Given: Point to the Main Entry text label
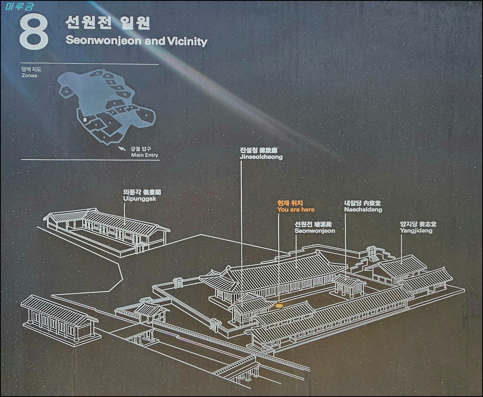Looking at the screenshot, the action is point(144,155).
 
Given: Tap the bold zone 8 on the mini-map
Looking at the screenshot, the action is point(85,120).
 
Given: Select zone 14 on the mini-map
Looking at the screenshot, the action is point(97,74).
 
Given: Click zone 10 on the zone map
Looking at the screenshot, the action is point(125,94).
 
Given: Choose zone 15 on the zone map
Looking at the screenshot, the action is point(66,92).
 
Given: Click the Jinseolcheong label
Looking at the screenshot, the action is point(261,157).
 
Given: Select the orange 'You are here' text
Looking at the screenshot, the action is point(296,210).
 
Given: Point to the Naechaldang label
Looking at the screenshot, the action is point(363,210).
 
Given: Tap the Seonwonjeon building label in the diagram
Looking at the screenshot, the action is point(315,231).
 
